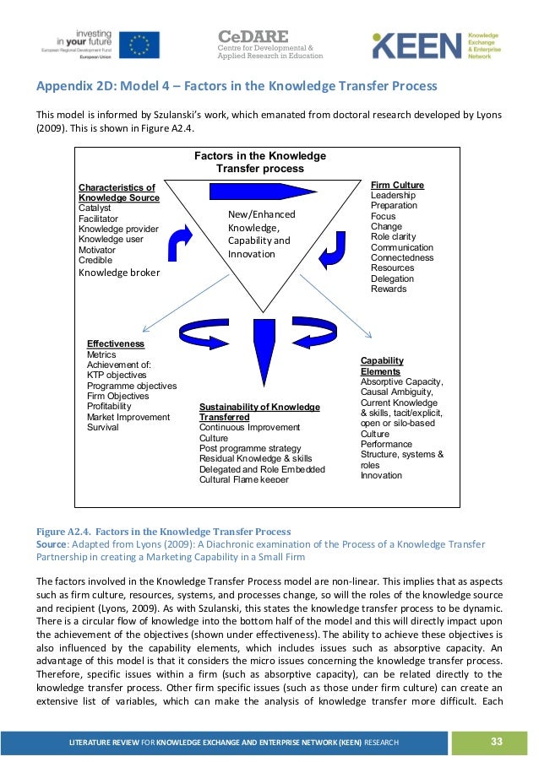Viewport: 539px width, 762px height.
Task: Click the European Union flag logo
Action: pos(139,44)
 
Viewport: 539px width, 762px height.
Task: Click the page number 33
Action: pos(496,741)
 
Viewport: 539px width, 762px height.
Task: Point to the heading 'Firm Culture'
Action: pos(397,185)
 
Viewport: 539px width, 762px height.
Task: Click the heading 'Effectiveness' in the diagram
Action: pos(116,344)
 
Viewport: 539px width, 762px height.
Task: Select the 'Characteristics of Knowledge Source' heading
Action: pos(118,192)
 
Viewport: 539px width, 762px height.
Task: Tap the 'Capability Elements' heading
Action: pos(382,365)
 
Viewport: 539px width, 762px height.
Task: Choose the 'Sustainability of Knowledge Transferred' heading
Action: pos(259,412)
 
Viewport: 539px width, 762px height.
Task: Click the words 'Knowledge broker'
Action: pos(119,273)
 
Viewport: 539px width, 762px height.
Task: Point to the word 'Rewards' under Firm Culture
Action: pos(389,289)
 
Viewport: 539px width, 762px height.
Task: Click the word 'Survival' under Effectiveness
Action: pos(103,427)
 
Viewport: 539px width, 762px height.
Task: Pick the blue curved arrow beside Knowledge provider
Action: pos(182,242)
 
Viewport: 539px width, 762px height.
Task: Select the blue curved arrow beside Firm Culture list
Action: pos(334,245)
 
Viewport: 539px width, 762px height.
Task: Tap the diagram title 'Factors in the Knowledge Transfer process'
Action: pos(260,162)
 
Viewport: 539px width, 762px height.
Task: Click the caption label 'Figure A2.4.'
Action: pos(61,532)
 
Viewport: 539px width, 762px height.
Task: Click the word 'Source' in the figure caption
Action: pos(51,544)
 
